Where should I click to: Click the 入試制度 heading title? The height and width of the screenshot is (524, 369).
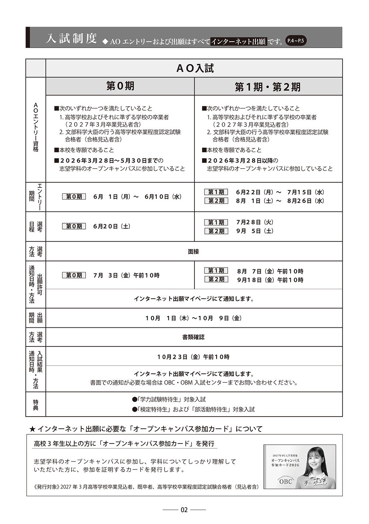pos(71,38)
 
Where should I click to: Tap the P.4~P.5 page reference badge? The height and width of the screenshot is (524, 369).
pos(296,41)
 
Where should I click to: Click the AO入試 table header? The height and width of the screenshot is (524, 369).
pos(194,68)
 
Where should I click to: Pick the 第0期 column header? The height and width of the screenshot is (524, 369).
pos(120,86)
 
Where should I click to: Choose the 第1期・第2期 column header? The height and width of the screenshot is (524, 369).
pos(268,87)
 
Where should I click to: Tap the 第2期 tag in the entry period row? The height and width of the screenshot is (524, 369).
pos(216,201)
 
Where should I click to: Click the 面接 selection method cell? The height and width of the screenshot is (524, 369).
pos(193,251)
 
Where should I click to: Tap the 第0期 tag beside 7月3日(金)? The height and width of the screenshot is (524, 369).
pos(74,275)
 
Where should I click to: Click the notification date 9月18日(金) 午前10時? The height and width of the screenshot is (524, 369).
pos(270,280)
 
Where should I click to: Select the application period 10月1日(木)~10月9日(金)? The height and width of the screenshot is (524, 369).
pos(193,318)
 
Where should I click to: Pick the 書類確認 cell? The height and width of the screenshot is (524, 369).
pos(193,337)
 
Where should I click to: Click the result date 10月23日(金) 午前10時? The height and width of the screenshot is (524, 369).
pos(193,357)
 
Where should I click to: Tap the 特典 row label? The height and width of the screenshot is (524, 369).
pos(35,404)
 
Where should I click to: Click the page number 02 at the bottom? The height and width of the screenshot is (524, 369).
pos(184,510)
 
